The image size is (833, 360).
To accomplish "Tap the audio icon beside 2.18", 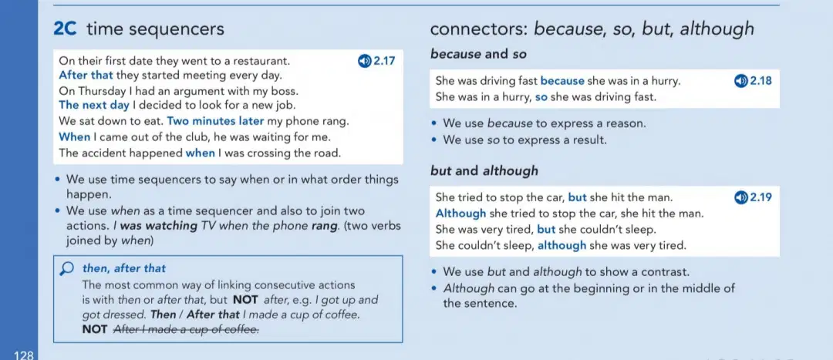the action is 740,81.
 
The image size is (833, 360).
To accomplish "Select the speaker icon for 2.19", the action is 740,197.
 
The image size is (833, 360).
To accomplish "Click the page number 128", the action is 24,355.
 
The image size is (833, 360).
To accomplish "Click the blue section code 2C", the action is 66,29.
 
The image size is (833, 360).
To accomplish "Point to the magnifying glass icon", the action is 67,269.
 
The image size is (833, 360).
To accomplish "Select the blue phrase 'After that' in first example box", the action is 86,75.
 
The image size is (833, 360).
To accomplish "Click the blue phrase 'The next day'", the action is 94,105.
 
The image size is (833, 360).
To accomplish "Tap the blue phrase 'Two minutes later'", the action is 215,120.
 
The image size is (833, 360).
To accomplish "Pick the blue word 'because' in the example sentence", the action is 562,81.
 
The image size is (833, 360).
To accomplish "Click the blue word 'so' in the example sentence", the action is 541,97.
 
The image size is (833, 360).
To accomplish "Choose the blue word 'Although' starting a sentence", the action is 460,214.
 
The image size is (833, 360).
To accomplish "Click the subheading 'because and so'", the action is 478,54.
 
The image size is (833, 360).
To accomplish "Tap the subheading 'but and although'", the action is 484,171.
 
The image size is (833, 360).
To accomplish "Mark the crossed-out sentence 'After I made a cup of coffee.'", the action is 187,330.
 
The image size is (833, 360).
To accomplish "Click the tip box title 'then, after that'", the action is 123,269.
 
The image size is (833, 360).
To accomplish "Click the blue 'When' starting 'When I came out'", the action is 74,137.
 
